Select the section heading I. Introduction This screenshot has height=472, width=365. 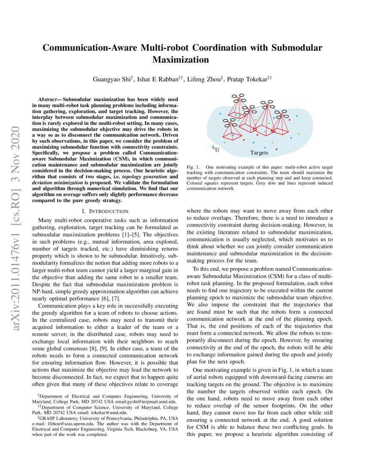pyautogui.click(x=105, y=211)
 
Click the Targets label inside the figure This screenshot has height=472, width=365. pyautogui.click(x=259, y=153)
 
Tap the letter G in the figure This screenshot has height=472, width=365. pyautogui.click(x=217, y=150)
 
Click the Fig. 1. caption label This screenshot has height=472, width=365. pyautogui.click(x=193, y=166)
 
